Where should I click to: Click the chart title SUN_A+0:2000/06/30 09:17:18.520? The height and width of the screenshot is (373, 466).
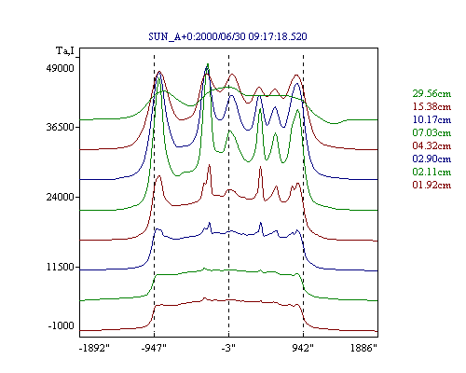pos(227,36)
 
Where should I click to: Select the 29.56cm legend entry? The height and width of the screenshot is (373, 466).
pos(432,93)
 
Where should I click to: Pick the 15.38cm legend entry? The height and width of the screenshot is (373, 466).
pos(432,106)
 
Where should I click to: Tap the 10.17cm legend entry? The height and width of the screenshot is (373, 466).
pos(432,119)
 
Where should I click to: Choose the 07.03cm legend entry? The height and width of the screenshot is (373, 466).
pos(432,132)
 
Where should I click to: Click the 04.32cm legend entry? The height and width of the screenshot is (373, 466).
pos(432,145)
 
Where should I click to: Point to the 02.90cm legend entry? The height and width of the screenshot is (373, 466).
pos(432,159)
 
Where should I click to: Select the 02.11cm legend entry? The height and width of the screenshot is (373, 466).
pos(432,172)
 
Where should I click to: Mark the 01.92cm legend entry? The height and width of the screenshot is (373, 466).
pos(432,185)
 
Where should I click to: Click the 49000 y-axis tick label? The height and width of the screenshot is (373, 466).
pos(61,68)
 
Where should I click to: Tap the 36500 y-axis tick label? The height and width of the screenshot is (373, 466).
pos(61,127)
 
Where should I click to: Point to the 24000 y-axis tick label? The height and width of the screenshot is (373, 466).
pos(61,197)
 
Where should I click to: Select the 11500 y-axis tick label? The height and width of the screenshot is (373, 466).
pos(61,267)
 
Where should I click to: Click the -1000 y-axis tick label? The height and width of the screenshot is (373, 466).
pos(62,325)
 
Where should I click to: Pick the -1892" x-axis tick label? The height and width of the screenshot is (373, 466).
pos(95,348)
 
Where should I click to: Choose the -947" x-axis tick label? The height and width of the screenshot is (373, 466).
pos(154,348)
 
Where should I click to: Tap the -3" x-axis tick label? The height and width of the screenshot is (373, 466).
pos(228,348)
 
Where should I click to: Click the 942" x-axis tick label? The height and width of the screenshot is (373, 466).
pos(303,348)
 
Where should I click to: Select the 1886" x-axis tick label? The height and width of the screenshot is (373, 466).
pos(363,348)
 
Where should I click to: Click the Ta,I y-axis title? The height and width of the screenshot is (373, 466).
pos(65,50)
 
